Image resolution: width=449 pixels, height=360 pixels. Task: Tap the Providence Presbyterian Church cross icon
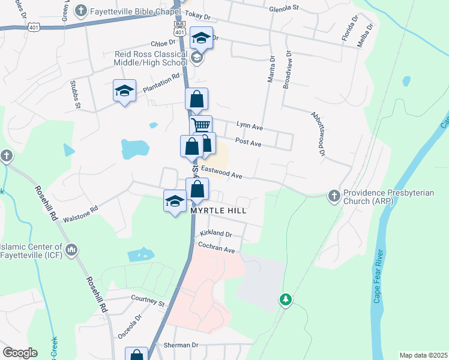pyautogui.click(x=334, y=195)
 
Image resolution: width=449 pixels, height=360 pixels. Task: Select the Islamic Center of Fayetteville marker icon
pyautogui.click(x=71, y=249)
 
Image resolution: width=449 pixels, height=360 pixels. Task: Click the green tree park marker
pyautogui.click(x=286, y=299)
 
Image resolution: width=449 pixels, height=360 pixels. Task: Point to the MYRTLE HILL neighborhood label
pyautogui.click(x=219, y=211)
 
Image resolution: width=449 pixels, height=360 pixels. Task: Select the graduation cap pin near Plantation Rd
pyautogui.click(x=124, y=91)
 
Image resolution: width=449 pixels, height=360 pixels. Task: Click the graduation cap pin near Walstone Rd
pyautogui.click(x=175, y=201)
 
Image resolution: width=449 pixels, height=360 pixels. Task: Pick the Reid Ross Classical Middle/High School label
pyautogui.click(x=151, y=58)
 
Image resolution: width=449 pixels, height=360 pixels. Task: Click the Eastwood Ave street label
pyautogui.click(x=221, y=173)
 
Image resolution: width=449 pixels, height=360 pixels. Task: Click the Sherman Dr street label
pyautogui.click(x=181, y=345)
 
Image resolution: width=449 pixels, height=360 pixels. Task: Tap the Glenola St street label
pyautogui.click(x=284, y=8)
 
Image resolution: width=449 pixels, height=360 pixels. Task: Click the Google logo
pyautogui.click(x=20, y=353)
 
